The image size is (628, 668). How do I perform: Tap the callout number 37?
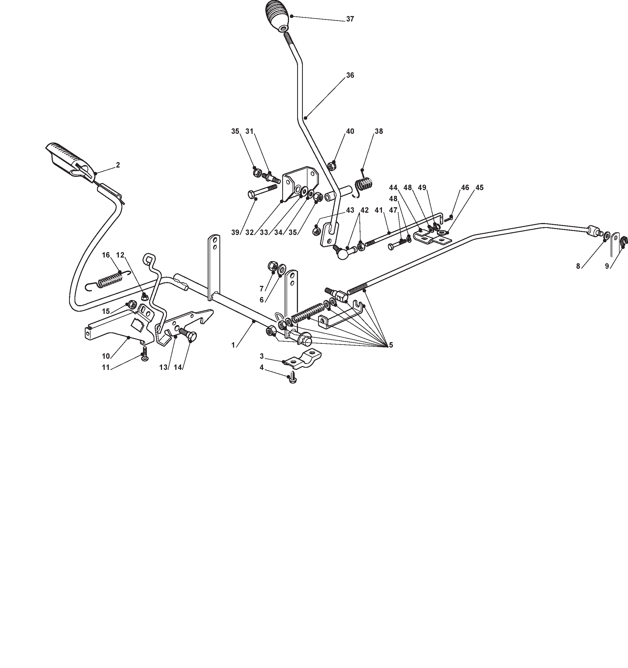pyautogui.click(x=350, y=19)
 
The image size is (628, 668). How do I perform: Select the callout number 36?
pyautogui.click(x=350, y=75)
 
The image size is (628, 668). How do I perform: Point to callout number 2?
pyautogui.click(x=118, y=165)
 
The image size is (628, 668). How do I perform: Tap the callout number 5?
pyautogui.click(x=391, y=345)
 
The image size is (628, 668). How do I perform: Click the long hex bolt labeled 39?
pyautogui.click(x=264, y=194)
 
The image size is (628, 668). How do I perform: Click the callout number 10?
pyautogui.click(x=106, y=356)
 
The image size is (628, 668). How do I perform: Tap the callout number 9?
pyautogui.click(x=607, y=266)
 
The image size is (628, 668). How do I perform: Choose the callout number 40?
pyautogui.click(x=350, y=131)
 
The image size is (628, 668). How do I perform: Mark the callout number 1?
pyautogui.click(x=233, y=345)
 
